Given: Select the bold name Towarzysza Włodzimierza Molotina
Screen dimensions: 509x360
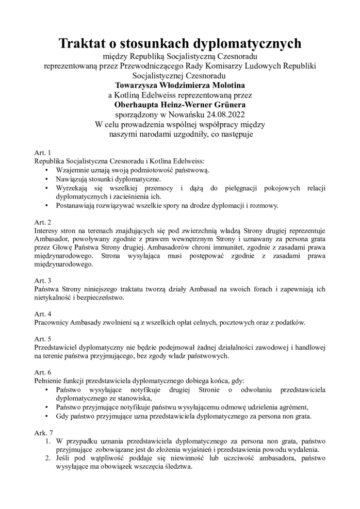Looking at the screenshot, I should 180,85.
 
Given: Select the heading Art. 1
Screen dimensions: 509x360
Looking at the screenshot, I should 42,153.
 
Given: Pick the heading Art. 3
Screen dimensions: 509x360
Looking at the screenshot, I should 42,281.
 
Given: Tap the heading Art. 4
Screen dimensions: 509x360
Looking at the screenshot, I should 42,314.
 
